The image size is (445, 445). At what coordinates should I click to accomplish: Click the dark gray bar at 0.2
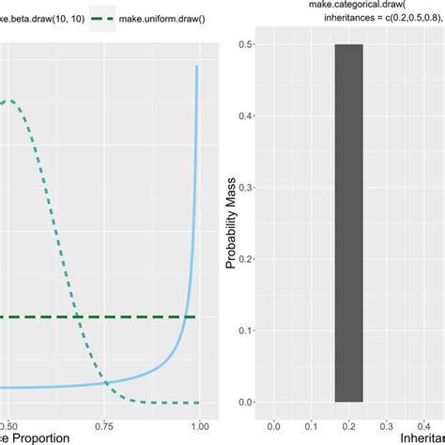pos(348,223)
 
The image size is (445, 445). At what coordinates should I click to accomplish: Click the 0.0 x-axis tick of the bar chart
pos(272,422)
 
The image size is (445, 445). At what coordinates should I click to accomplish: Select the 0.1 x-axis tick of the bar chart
pos(310,422)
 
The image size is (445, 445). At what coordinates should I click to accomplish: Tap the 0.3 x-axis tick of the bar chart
pos(386,422)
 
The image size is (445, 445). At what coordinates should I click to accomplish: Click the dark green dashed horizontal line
pos(94,317)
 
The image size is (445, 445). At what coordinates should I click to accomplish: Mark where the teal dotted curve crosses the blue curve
pos(106,383)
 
